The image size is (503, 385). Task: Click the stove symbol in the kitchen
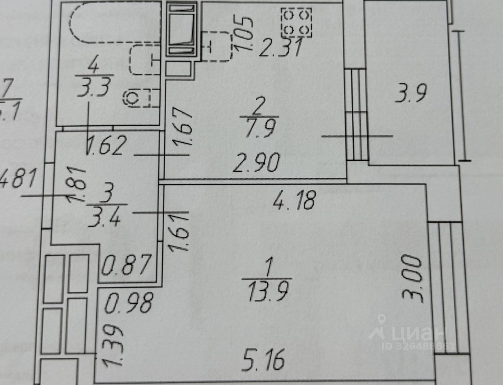tap(296, 23)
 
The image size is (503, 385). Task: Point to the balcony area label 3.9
tap(411, 94)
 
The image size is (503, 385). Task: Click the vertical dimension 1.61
tap(179, 232)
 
